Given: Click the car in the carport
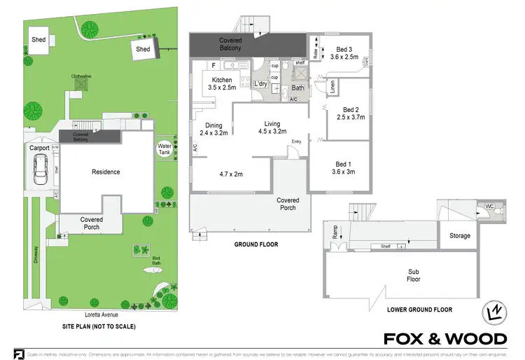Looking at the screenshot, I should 40,168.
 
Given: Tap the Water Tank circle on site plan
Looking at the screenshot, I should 164,149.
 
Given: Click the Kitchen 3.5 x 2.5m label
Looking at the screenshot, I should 222,84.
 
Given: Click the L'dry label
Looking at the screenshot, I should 261,84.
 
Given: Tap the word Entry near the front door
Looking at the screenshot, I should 297,142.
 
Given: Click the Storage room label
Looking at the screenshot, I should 459,236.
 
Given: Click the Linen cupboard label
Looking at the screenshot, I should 332,87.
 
